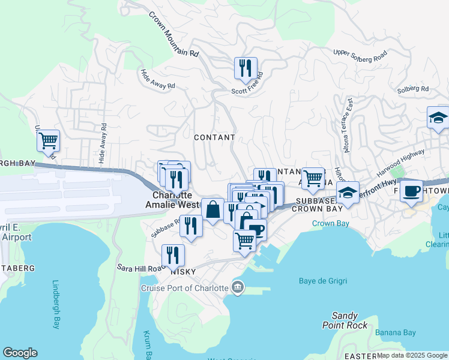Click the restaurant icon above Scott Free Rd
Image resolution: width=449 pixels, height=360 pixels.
click(246, 69)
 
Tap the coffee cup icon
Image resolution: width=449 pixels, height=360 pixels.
click(411, 191)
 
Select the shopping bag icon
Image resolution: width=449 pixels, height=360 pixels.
click(212, 210)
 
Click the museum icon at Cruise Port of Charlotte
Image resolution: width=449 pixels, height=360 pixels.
click(238, 288)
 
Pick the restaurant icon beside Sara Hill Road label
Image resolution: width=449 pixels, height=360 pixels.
click(173, 256)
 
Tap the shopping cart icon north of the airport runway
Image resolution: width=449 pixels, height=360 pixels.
click(48, 141)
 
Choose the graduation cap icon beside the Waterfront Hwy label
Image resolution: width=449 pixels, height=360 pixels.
click(348, 193)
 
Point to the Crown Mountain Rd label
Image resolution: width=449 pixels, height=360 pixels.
click(173, 35)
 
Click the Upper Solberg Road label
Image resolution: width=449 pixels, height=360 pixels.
click(360, 57)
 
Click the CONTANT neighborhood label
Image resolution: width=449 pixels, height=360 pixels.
click(214, 137)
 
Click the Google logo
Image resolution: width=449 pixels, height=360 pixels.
click(20, 353)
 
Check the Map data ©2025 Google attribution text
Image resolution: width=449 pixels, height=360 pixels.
click(412, 355)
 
